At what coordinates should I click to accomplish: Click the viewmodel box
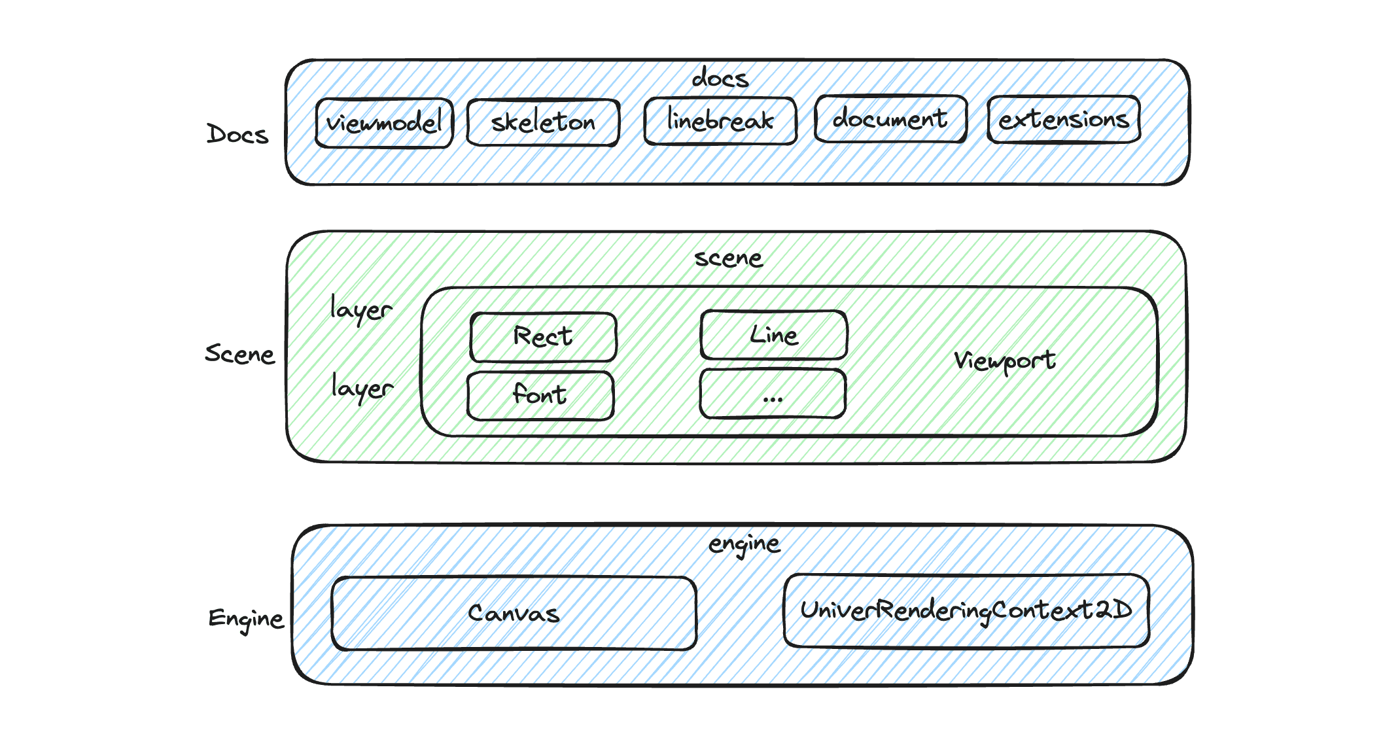coord(384,123)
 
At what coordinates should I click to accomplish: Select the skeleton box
coord(543,122)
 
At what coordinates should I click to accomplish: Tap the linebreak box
coord(720,121)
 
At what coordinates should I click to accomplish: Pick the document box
coord(890,119)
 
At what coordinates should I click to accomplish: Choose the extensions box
coord(1064,120)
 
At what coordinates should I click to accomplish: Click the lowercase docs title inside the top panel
coord(720,79)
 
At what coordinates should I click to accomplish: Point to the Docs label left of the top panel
coord(237,134)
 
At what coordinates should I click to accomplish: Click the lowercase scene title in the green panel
coord(728,258)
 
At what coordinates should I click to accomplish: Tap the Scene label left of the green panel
coord(239,354)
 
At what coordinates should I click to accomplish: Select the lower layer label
coord(362,387)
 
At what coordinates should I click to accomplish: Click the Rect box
coord(543,337)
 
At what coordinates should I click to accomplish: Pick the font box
coord(540,396)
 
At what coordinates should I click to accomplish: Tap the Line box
coord(774,335)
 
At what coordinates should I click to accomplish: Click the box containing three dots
coord(773,394)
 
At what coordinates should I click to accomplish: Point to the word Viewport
coord(1004,360)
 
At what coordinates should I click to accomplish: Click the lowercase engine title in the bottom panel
coord(744,544)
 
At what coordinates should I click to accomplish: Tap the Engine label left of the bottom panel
coord(246,618)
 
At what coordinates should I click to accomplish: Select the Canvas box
coord(514,614)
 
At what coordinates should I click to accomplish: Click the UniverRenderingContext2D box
coord(966,611)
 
